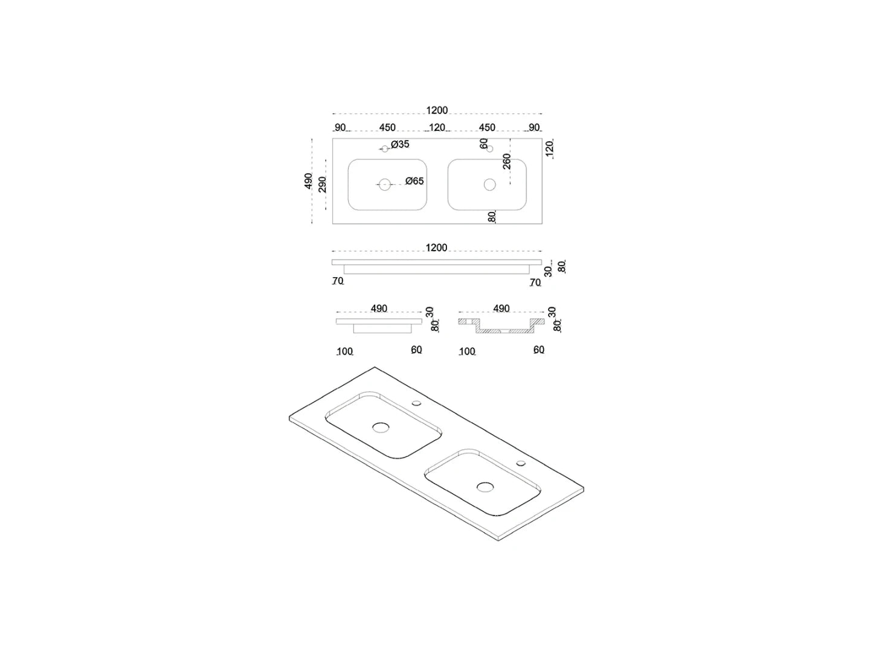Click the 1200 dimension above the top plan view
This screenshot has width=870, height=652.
(x=437, y=110)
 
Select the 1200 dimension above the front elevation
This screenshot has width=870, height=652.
(x=436, y=248)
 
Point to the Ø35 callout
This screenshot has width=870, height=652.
(x=400, y=144)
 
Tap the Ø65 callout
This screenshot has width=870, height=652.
(x=414, y=181)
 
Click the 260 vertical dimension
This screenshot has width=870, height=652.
(x=507, y=161)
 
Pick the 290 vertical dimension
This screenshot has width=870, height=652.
(x=322, y=184)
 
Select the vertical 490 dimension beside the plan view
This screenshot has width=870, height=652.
(x=308, y=181)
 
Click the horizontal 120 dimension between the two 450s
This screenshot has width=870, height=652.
(x=437, y=127)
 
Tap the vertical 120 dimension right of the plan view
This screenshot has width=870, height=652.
(x=549, y=149)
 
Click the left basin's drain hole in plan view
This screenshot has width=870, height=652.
(x=384, y=185)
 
